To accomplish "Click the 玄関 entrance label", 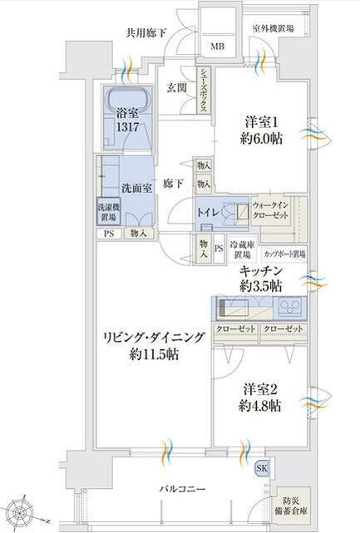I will point(175,87).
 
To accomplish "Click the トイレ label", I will point(208,213).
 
